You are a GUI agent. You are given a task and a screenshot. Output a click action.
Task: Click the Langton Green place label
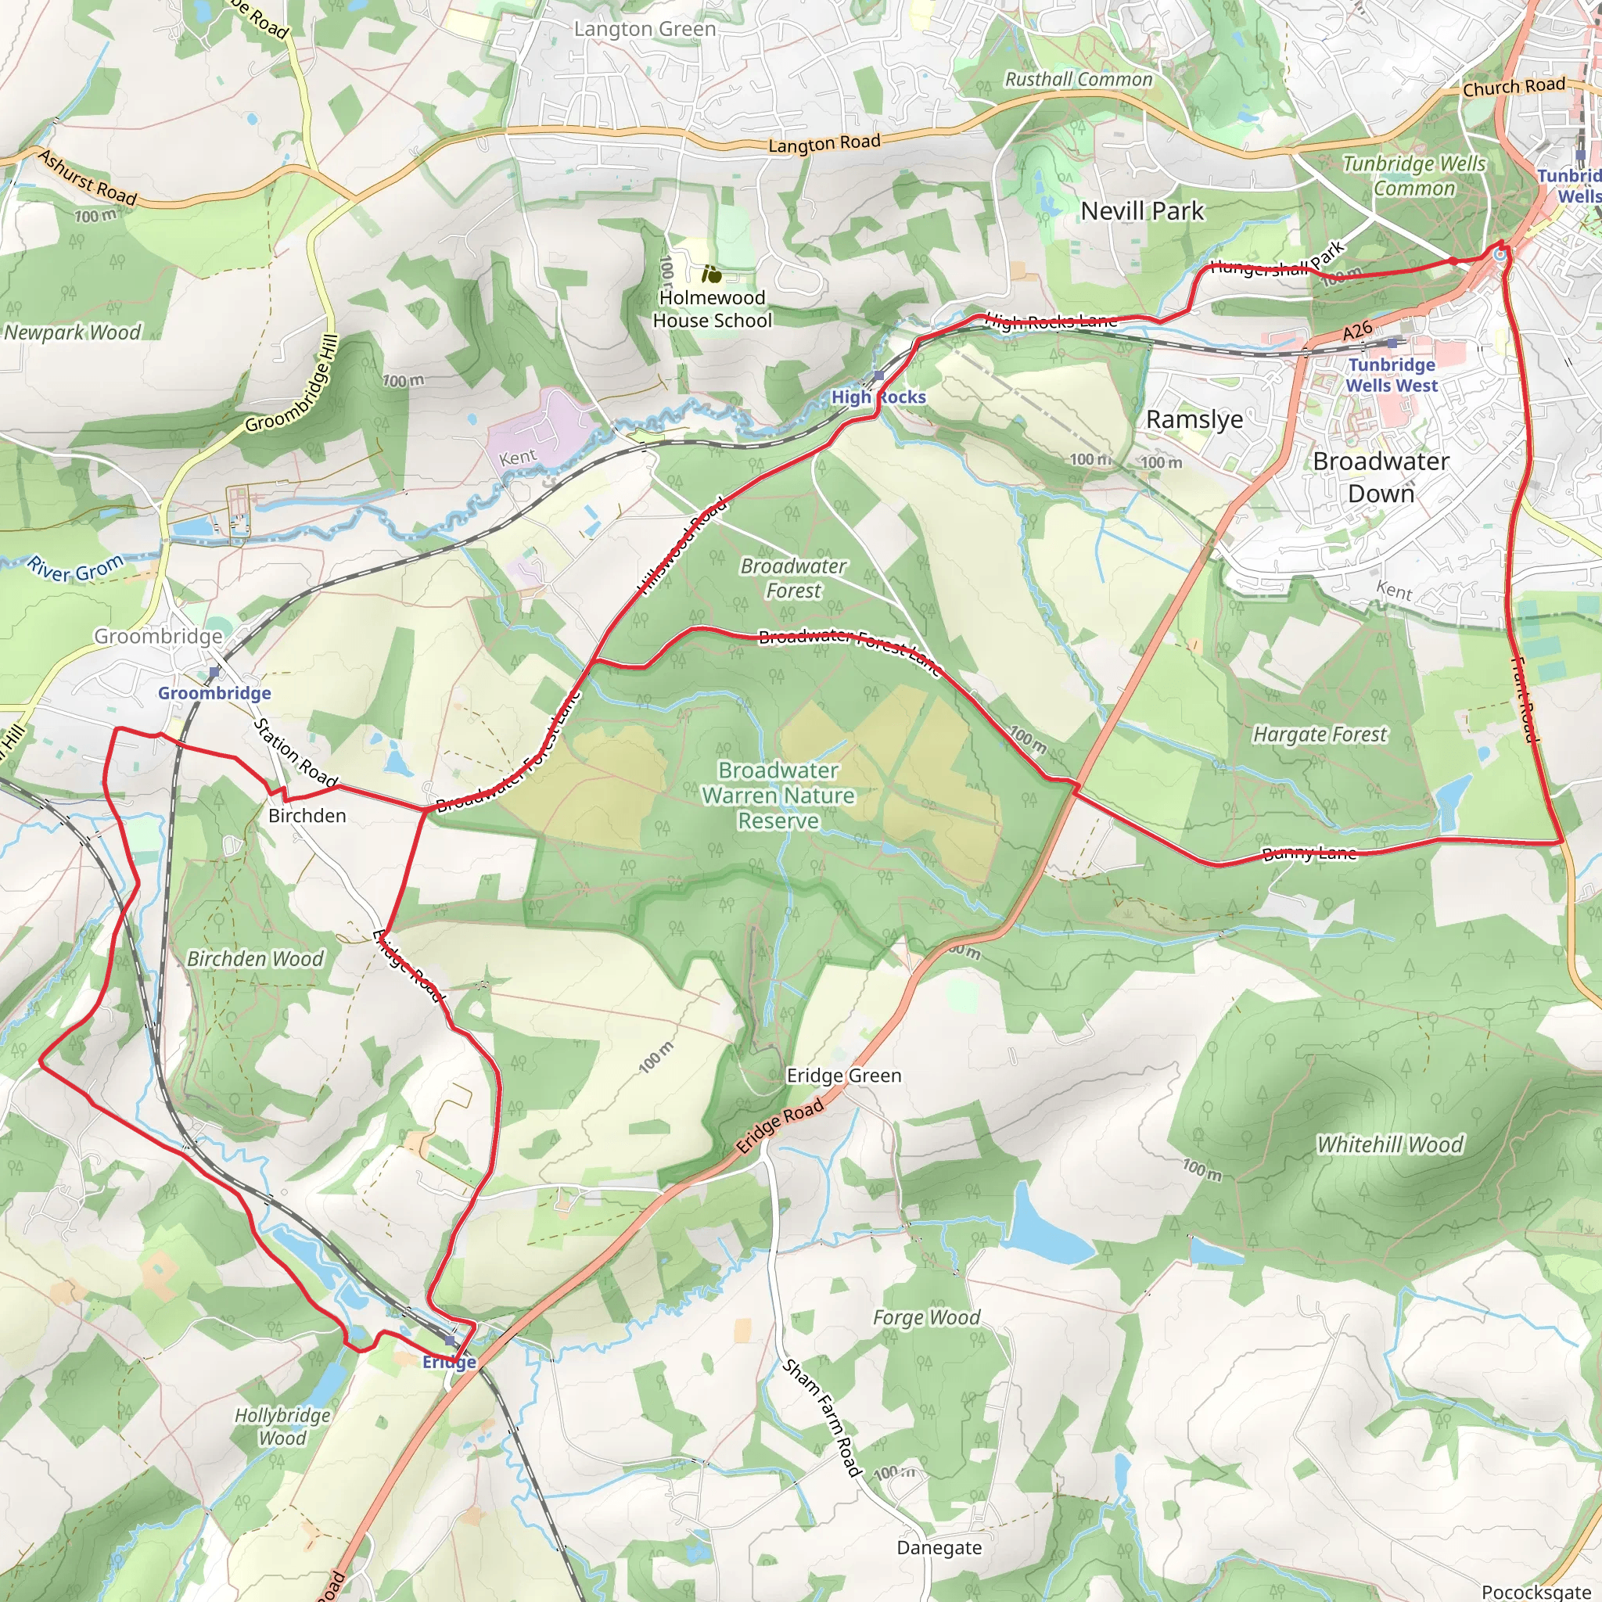point(645,29)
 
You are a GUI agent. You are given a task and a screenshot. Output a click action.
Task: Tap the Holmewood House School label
point(712,308)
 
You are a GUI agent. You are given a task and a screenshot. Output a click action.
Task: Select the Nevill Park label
point(1142,211)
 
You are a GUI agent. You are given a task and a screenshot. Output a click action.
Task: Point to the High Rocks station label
point(878,397)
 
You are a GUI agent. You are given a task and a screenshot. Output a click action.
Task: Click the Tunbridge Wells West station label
point(1392,375)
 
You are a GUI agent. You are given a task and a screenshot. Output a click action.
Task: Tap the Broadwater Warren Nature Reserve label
point(778,796)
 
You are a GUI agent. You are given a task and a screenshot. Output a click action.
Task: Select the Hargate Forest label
point(1320,735)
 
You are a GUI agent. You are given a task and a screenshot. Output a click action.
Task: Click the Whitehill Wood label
point(1391,1144)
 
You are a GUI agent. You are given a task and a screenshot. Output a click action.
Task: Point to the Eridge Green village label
point(843,1076)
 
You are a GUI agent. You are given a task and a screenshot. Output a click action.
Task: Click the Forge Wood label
point(926,1317)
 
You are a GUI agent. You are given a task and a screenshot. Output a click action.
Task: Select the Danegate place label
point(939,1547)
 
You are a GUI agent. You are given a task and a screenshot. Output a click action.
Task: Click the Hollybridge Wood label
point(282,1426)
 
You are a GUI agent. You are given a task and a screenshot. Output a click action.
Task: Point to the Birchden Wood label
point(254,958)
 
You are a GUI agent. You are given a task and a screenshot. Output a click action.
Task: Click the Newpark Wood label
point(73,332)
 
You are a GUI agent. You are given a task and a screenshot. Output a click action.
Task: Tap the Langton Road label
point(824,143)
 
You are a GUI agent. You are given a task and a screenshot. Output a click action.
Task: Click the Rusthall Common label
point(1078,80)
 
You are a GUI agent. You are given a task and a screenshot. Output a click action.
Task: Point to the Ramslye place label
point(1194,419)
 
